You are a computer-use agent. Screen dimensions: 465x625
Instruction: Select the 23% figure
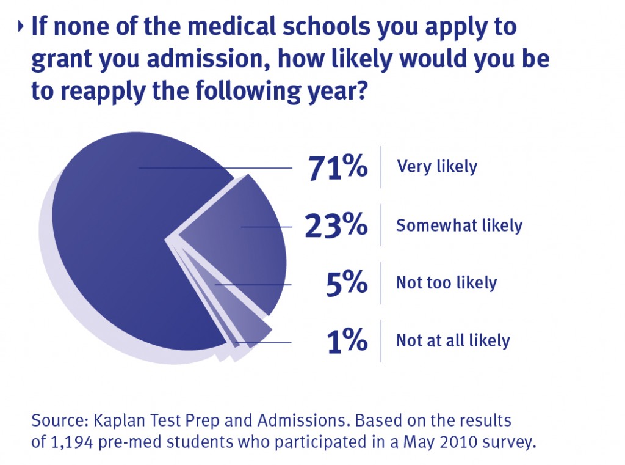pos(336,225)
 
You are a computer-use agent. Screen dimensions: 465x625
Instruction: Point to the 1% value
pos(347,341)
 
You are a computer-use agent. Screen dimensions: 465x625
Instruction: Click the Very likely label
pos(437,166)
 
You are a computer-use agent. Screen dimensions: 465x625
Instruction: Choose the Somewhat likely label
pos(459,225)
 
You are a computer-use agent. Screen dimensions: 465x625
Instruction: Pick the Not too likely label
pos(446,283)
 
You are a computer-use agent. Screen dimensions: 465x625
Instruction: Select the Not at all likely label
pos(453,340)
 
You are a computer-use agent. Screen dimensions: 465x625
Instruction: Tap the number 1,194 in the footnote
pos(68,442)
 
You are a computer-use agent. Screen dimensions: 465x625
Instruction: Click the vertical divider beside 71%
pos(381,167)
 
